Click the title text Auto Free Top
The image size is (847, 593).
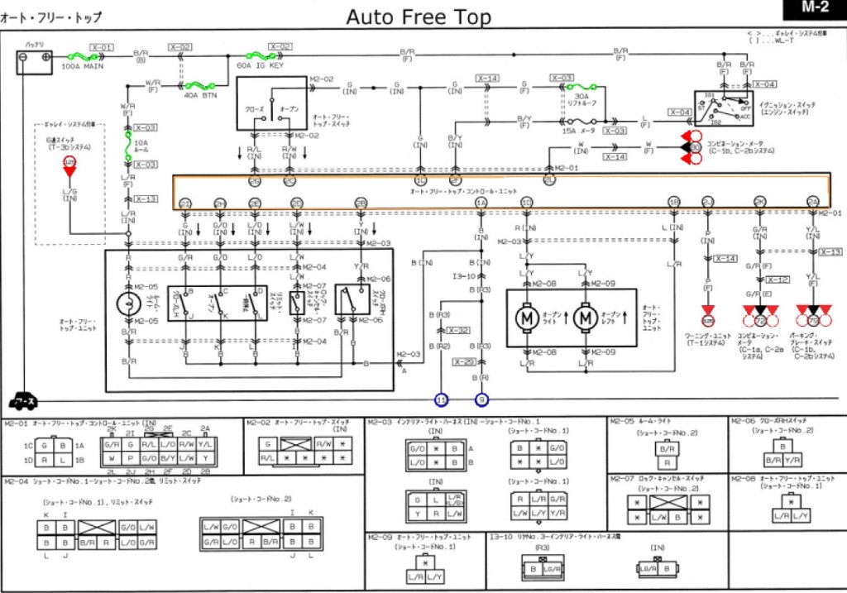coord(418,17)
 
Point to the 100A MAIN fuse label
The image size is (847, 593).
coord(83,65)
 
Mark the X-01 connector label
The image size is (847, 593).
coord(103,47)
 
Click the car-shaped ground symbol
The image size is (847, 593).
coord(22,401)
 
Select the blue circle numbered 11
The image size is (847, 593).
coord(442,399)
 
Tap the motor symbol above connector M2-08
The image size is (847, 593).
coord(526,316)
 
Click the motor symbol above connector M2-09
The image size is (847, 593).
coord(585,316)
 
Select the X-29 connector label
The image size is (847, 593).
coord(463,361)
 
